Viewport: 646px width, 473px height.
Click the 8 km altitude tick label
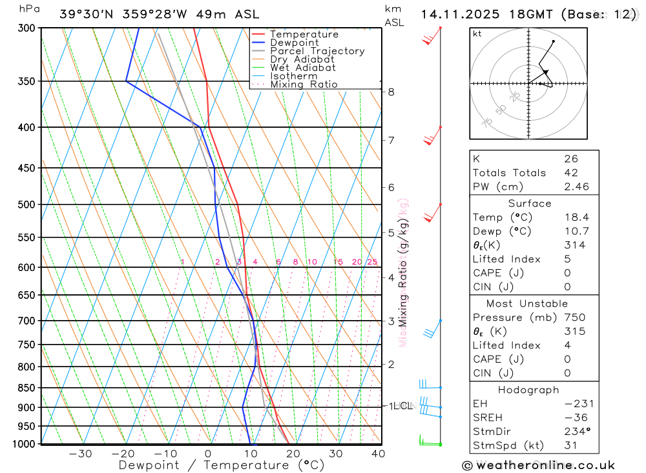click(x=391, y=92)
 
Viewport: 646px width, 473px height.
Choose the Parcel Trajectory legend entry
click(x=317, y=51)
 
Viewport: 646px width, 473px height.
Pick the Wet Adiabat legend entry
click(x=302, y=68)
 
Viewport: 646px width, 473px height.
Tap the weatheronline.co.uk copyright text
click(x=538, y=465)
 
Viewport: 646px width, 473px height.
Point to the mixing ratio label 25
click(x=372, y=261)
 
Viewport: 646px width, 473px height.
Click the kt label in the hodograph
click(x=477, y=34)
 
